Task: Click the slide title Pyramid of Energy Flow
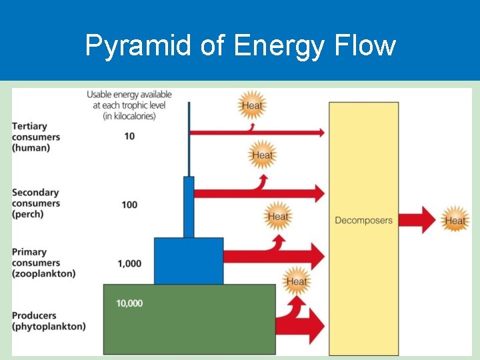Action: click(x=240, y=46)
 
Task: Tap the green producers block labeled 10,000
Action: click(x=189, y=320)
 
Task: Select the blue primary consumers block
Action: click(x=189, y=261)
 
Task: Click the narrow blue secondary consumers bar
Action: click(x=189, y=207)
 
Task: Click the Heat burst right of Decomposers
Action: click(x=455, y=221)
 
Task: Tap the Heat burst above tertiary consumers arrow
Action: click(x=252, y=105)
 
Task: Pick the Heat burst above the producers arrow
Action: click(x=296, y=281)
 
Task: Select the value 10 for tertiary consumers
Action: click(x=129, y=137)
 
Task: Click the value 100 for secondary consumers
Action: click(x=129, y=204)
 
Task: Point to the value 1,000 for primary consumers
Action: click(x=129, y=263)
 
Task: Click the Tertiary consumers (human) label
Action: click(x=36, y=137)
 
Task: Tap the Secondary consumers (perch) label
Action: click(x=36, y=203)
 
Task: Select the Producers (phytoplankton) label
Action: click(x=49, y=321)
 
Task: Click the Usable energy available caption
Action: click(x=129, y=105)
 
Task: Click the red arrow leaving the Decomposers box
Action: click(x=417, y=220)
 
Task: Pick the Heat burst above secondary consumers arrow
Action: click(x=262, y=155)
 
